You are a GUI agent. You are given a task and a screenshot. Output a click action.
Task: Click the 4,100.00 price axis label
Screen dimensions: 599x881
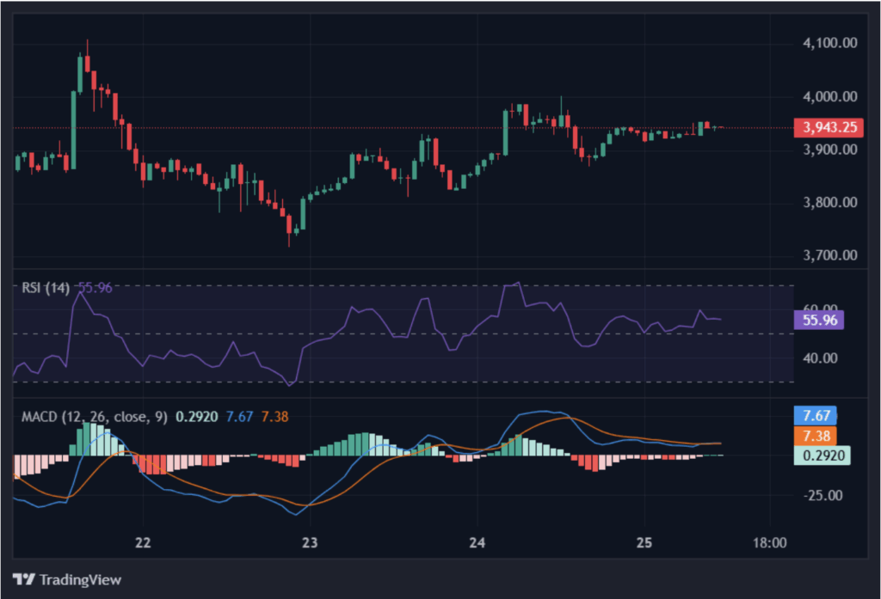click(829, 43)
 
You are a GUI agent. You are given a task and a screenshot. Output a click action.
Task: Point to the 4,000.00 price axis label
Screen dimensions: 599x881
click(829, 96)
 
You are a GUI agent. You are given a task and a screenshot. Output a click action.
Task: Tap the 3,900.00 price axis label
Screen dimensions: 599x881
click(829, 150)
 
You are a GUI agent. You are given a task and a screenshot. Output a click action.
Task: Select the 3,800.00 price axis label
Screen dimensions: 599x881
click(829, 203)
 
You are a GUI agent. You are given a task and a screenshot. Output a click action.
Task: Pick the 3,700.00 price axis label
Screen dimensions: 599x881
click(829, 255)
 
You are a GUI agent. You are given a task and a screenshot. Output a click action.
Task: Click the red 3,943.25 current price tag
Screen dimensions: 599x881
click(829, 128)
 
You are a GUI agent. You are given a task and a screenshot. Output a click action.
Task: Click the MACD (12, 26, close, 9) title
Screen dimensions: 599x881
click(95, 418)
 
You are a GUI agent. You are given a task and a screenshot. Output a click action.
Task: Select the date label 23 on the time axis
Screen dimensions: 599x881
click(310, 543)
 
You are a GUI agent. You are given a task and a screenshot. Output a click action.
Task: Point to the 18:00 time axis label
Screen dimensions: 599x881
click(769, 543)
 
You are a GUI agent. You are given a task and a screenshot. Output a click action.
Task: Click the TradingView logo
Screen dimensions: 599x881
click(67, 579)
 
